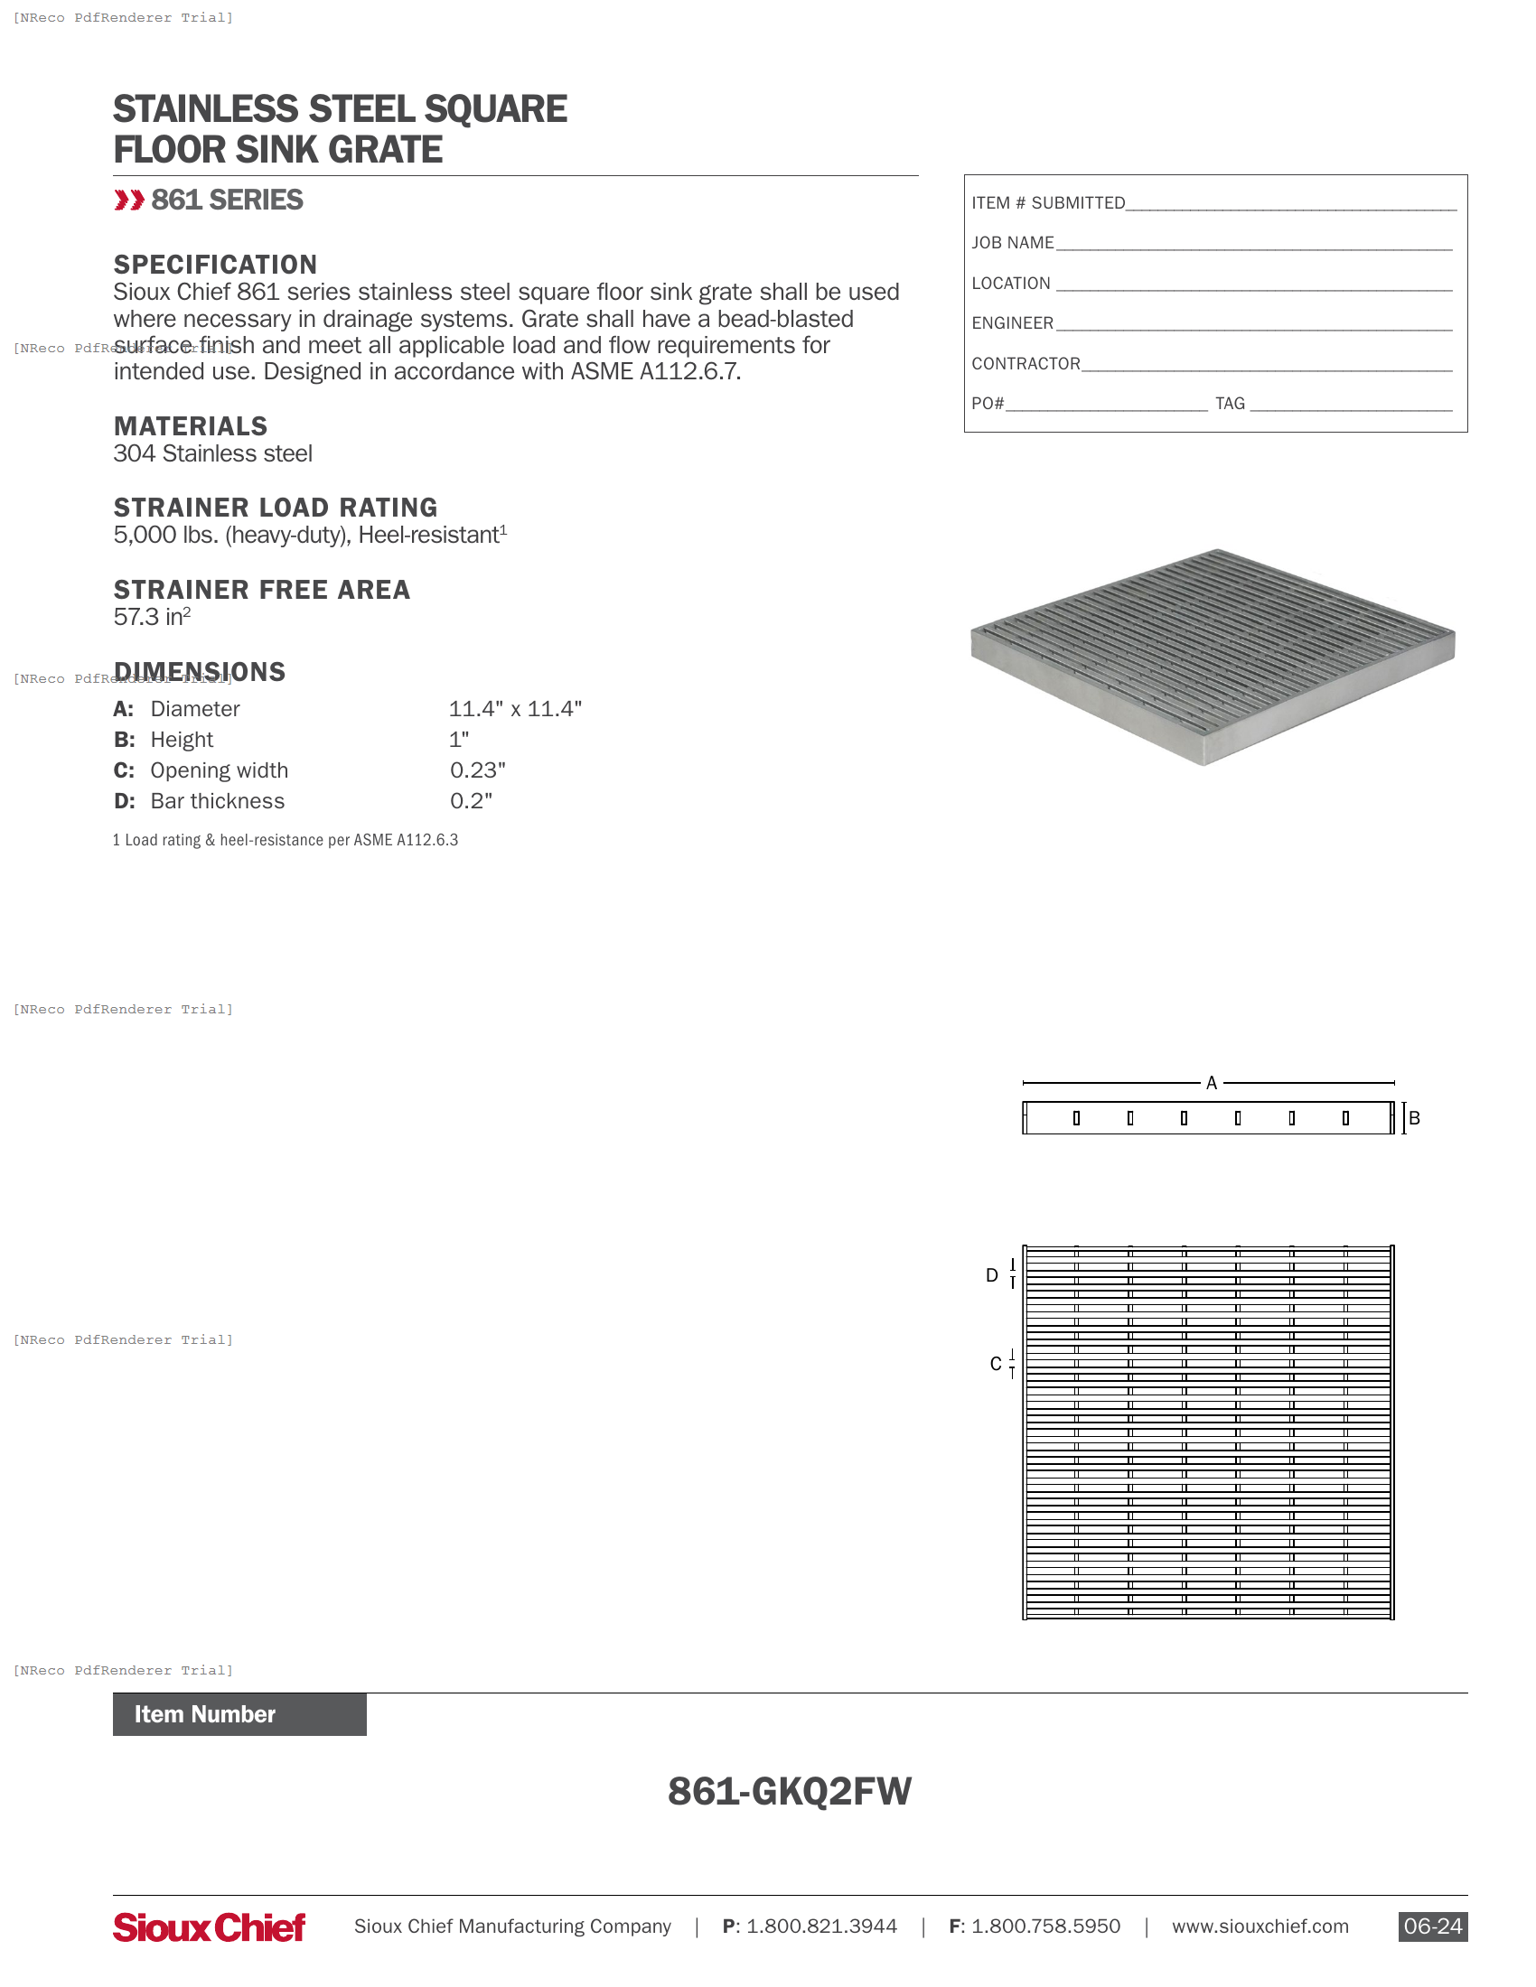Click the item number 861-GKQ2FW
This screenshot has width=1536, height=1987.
point(789,1790)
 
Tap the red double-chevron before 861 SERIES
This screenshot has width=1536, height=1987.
point(129,201)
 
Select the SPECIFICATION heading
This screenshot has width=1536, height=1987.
point(215,264)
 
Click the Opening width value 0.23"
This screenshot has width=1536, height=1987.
point(478,770)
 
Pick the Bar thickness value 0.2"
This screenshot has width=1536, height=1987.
point(472,800)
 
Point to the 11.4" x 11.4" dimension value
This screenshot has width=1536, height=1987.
point(515,709)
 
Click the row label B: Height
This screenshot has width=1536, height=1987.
point(164,740)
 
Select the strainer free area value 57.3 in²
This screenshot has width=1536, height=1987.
point(152,617)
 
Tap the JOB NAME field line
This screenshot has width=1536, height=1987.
point(1253,244)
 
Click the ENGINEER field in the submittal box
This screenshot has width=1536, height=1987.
point(1253,324)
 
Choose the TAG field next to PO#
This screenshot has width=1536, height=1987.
point(1351,404)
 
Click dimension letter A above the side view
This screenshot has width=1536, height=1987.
point(1211,1083)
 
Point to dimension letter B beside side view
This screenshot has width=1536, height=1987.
point(1414,1118)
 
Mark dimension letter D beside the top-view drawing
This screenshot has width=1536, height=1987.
point(992,1275)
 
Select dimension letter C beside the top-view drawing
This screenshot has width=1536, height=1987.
point(996,1364)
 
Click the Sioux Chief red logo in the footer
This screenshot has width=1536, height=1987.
point(210,1926)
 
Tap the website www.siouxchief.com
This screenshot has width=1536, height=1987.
point(1260,1926)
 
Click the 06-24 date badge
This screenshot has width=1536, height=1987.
point(1432,1926)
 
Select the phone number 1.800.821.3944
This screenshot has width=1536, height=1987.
point(820,1926)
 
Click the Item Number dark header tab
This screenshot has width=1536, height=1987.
point(239,1714)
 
